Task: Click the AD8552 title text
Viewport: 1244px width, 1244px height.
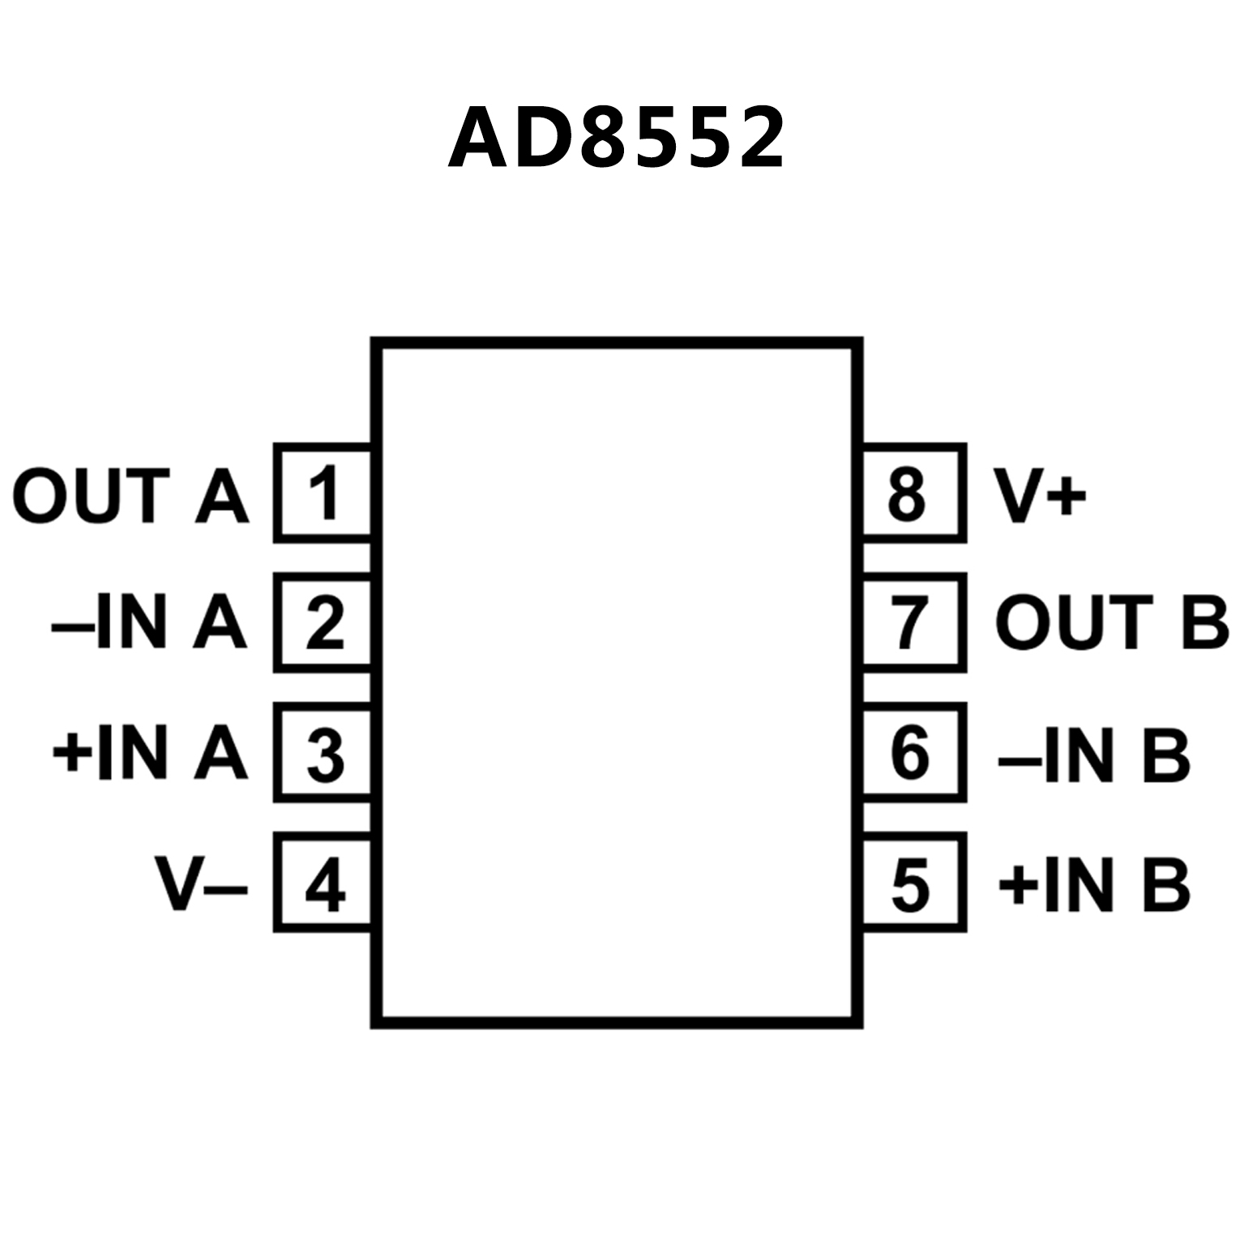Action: point(616,138)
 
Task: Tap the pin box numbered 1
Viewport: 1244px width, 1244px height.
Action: point(323,493)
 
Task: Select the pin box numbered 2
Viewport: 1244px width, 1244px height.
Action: point(323,622)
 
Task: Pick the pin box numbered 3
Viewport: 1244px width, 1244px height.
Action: point(323,752)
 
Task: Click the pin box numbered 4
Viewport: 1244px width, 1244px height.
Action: point(323,883)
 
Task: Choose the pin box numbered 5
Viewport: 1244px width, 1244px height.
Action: point(913,883)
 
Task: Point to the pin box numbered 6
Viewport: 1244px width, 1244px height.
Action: point(913,752)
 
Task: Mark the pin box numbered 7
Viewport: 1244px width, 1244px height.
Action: point(913,622)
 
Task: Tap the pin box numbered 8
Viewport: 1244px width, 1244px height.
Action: point(913,493)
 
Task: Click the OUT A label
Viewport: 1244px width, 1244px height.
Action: point(130,496)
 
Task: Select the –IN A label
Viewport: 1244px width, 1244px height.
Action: point(148,624)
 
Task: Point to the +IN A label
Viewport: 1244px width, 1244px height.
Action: point(149,754)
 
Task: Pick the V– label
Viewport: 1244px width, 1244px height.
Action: point(202,884)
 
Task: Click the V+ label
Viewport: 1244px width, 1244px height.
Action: point(1041,496)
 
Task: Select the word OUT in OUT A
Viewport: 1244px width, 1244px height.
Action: point(89,496)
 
